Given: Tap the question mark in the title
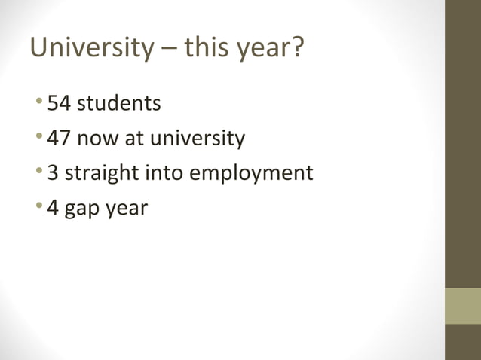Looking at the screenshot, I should (297, 49).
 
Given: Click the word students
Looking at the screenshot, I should (118, 103).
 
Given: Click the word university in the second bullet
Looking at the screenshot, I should (198, 139).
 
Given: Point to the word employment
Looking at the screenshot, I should (250, 174).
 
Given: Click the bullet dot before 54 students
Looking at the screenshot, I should (39, 103).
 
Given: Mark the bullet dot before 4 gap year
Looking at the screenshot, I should (39, 207).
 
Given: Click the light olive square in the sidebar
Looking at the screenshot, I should (462, 306).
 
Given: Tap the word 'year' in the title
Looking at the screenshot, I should (262, 50).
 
